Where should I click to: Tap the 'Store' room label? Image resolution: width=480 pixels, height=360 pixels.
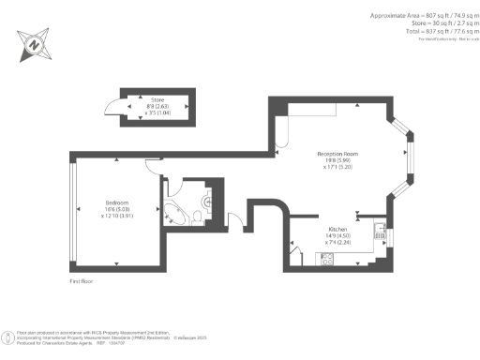[157, 97]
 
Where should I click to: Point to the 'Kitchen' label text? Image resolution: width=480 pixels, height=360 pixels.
[337, 228]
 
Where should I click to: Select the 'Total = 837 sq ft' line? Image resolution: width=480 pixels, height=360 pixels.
[428, 30]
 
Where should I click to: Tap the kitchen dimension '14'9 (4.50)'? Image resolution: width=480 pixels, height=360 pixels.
[337, 235]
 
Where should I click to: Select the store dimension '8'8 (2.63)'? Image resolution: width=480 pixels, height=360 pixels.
[157, 105]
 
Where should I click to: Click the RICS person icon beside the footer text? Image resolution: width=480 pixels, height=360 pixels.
[9, 336]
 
